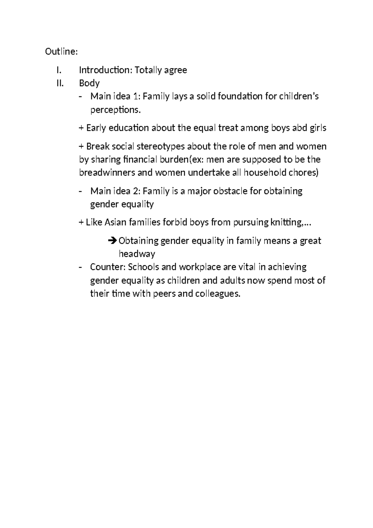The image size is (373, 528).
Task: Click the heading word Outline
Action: click(60, 51)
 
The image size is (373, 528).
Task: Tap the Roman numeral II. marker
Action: click(60, 83)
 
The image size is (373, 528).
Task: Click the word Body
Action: click(89, 83)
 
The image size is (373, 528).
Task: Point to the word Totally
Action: click(148, 70)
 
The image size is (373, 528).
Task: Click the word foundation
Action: click(240, 97)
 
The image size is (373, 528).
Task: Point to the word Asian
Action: click(115, 222)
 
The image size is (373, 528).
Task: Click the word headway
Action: click(137, 254)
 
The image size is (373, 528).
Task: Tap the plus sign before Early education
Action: click(81, 128)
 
